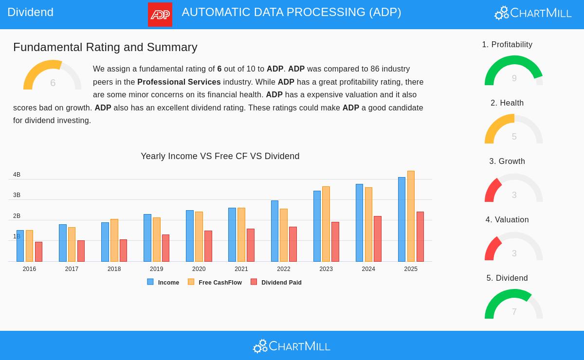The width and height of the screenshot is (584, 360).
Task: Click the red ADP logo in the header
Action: [x=160, y=15]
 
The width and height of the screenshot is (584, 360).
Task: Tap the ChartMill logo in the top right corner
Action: [x=533, y=13]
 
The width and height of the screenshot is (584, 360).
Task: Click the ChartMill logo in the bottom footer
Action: [x=292, y=346]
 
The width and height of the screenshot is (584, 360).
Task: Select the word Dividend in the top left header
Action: [x=30, y=12]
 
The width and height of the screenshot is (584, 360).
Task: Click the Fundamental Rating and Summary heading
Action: [x=105, y=47]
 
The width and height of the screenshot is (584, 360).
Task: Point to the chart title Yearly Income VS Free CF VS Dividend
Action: [x=220, y=156]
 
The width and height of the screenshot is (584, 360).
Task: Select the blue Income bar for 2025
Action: [x=401, y=219]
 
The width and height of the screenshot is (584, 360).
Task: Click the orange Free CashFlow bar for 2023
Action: [x=326, y=224]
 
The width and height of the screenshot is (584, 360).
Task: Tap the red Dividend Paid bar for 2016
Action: [x=38, y=252]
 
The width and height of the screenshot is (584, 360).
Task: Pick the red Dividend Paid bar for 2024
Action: [x=378, y=239]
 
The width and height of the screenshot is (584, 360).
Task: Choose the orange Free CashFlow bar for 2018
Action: [x=114, y=240]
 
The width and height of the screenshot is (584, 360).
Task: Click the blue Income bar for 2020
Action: [x=189, y=236]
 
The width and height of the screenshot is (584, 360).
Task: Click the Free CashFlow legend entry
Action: [x=215, y=282]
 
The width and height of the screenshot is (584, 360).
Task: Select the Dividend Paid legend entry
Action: [x=276, y=282]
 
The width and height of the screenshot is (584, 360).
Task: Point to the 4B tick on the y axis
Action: [x=17, y=175]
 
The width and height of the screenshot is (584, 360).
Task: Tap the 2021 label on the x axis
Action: [x=241, y=269]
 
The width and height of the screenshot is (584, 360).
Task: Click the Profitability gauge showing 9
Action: [x=514, y=72]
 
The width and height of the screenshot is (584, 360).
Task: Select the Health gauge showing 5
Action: [x=514, y=130]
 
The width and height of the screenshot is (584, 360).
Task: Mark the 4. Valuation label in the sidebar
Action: [x=507, y=220]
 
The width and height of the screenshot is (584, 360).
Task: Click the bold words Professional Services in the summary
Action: [x=179, y=82]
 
